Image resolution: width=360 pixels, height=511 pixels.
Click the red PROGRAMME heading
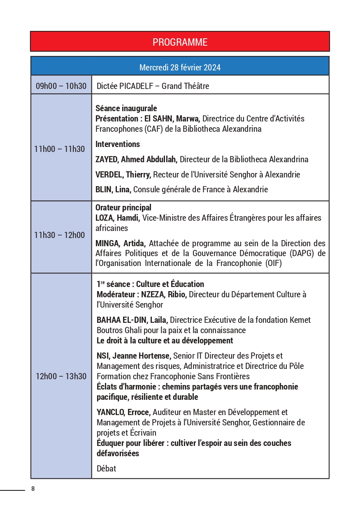point(180,42)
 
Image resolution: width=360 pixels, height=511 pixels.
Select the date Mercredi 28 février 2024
point(180,67)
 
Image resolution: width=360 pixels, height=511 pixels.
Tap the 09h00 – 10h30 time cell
point(61,86)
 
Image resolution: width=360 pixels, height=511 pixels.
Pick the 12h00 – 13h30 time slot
point(61,376)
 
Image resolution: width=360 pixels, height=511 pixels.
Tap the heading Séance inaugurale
point(126,108)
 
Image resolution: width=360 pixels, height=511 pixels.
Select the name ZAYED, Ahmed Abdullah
point(137,159)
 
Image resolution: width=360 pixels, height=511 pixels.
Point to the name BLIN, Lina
point(113,189)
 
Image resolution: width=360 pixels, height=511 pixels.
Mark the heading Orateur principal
point(123,208)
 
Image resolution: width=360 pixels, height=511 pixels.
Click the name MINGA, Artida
point(121,243)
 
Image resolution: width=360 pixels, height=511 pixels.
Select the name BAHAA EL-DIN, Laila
point(132,320)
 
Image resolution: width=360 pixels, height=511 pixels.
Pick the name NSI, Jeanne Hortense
point(134,356)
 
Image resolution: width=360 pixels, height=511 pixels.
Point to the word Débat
point(106,469)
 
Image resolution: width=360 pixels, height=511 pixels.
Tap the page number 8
point(33,489)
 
